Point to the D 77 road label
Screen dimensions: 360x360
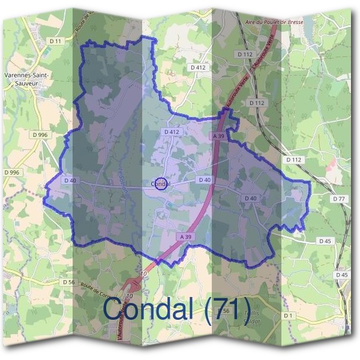click(339, 199)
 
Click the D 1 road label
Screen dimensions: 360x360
click(289, 315)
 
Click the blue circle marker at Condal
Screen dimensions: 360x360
click(160, 184)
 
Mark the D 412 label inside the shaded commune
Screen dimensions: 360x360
click(171, 131)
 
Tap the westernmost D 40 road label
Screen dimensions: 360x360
click(70, 180)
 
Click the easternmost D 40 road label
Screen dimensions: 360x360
click(251, 198)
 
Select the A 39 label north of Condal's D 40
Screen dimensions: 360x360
click(218, 137)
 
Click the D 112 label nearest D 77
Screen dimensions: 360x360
click(293, 160)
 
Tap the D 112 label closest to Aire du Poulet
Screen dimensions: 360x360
click(245, 54)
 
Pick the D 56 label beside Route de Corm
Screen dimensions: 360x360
click(68, 281)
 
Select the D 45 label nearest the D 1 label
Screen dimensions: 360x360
click(342, 274)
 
